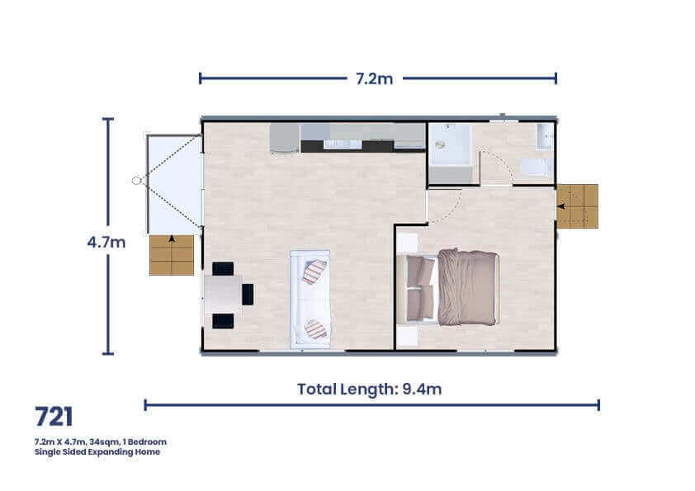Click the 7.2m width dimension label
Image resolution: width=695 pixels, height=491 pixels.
click(374, 78)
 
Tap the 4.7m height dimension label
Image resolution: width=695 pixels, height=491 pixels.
click(106, 243)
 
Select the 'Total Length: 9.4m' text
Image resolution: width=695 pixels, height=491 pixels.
click(369, 389)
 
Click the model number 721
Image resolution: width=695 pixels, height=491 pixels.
click(54, 417)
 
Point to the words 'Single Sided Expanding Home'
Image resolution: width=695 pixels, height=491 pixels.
click(97, 452)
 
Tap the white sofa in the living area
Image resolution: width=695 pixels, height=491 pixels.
click(310, 299)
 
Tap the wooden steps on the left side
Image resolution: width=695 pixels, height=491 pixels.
click(172, 255)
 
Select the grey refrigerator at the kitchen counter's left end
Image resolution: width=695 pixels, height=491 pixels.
click(284, 138)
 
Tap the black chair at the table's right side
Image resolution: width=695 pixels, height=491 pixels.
click(248, 294)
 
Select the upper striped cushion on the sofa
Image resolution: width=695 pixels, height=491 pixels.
click(314, 271)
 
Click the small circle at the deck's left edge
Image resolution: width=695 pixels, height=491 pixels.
click(136, 180)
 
